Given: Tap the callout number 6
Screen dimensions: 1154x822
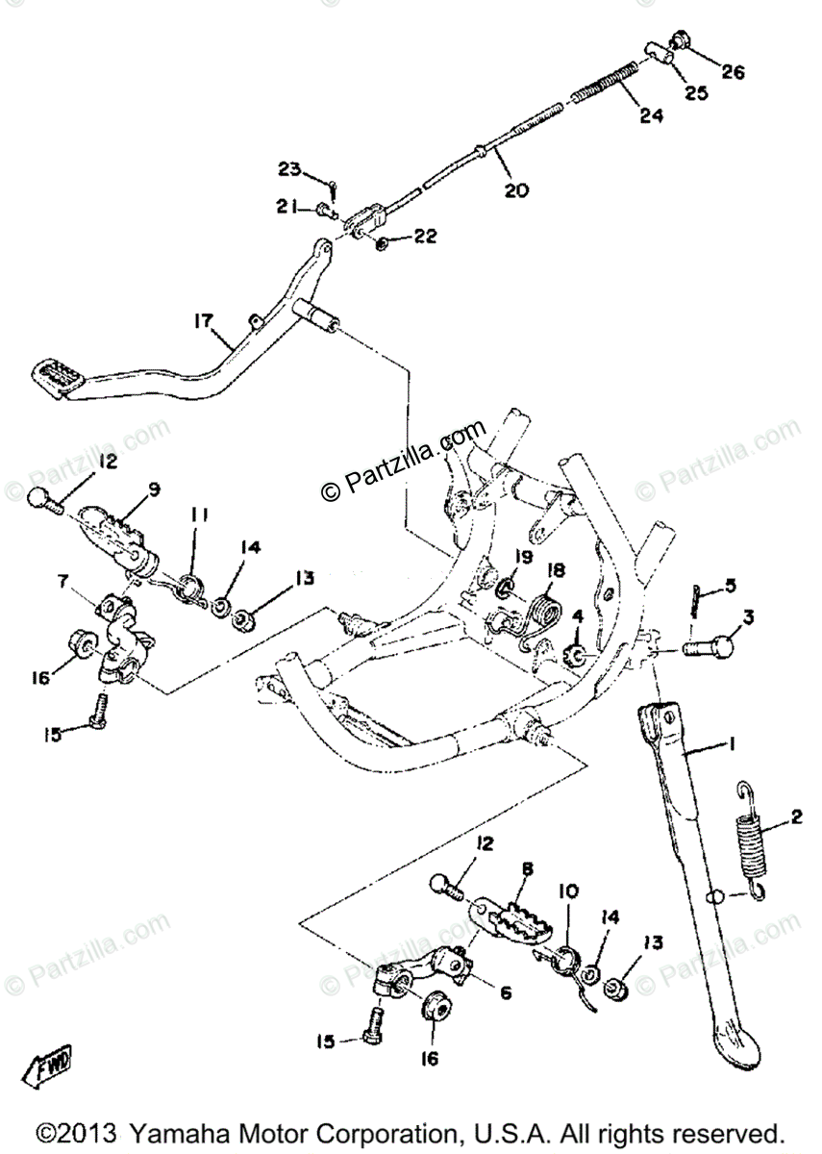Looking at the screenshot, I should coord(504,991).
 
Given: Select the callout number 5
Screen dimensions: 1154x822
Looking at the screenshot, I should coord(731,585).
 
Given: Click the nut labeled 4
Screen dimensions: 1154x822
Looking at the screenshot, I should coord(576,657).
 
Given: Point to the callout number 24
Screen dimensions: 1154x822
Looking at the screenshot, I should coord(650,116).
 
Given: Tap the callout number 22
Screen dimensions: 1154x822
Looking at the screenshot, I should coord(424,237).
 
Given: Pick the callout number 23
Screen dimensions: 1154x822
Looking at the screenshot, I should coord(288,169).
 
